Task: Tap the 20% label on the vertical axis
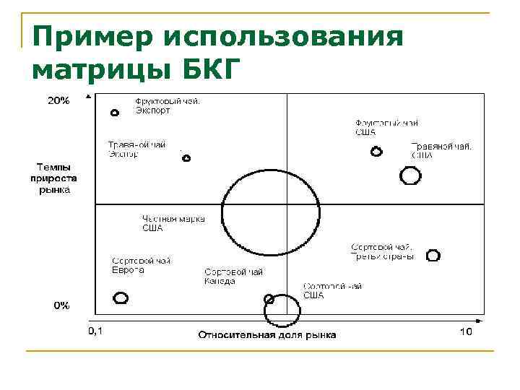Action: coord(58,101)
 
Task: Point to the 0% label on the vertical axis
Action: coord(61,305)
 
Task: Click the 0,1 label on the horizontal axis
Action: coord(95,331)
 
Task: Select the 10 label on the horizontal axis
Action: coord(465,331)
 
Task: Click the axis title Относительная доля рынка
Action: coord(267,334)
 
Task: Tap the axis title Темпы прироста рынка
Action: coord(51,177)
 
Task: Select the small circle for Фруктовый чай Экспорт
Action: coord(114,113)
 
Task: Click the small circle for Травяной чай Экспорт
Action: coord(186,158)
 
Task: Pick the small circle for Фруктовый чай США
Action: coord(376,152)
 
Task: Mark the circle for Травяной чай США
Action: coord(410,175)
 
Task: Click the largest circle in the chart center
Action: coord(270,214)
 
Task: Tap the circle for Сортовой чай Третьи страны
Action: coord(433,255)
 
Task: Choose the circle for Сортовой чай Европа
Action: coord(121,298)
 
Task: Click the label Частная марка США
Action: coord(173,223)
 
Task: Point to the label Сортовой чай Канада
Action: coord(233,276)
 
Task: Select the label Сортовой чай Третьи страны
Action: coord(382,251)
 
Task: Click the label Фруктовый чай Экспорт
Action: coord(168,106)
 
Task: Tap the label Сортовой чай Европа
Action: coord(141,265)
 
